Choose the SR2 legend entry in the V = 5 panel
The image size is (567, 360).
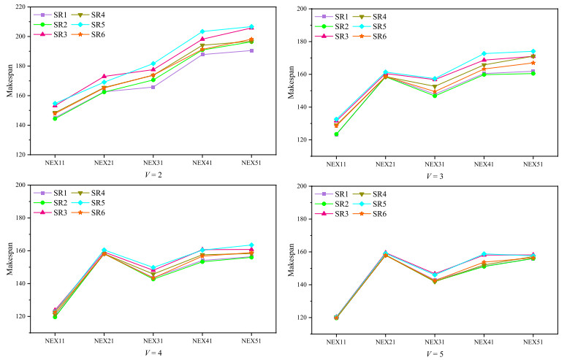click(x=334, y=204)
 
